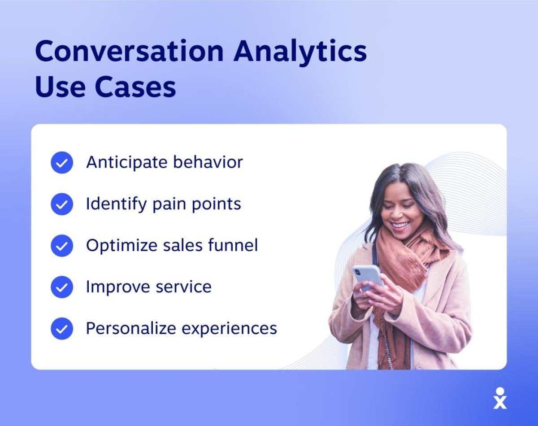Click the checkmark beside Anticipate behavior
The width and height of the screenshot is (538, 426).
[x=62, y=163]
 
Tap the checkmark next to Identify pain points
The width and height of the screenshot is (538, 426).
[x=62, y=204]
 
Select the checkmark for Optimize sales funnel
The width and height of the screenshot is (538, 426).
[x=62, y=246]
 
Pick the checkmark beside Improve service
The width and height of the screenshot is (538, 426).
[x=62, y=287]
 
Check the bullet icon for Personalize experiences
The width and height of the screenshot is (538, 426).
[x=62, y=329]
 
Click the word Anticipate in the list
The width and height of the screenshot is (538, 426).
[x=127, y=163]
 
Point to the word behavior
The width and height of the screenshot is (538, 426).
[x=208, y=162]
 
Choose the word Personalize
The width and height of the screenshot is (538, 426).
[x=131, y=328]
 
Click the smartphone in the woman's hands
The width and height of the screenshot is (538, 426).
[x=368, y=278]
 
